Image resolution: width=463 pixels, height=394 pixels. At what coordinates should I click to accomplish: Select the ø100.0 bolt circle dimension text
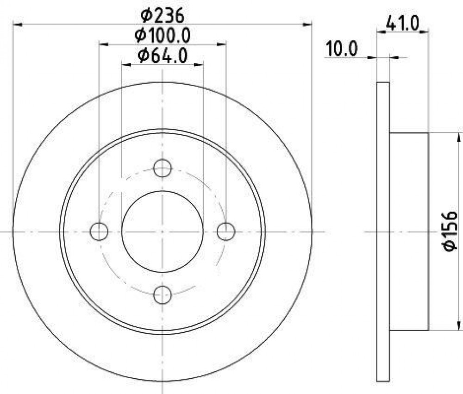(163, 36)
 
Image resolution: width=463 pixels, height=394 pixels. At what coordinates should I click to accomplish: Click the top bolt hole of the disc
(163, 168)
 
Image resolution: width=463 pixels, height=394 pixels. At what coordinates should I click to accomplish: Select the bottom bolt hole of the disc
(163, 295)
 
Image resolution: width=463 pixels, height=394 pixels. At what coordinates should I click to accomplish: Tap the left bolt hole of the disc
(99, 231)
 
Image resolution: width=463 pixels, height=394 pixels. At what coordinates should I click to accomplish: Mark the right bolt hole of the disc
(226, 231)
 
